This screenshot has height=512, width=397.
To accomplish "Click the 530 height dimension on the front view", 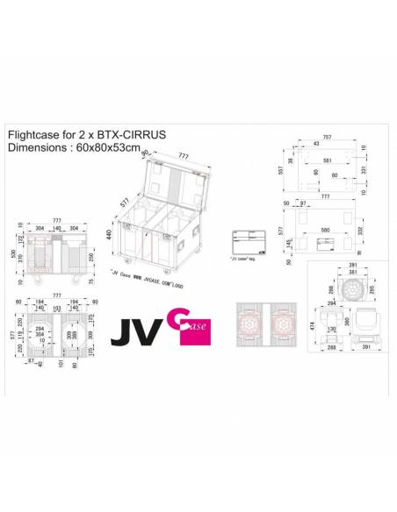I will (12, 253).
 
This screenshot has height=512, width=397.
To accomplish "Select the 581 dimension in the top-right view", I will (327, 160).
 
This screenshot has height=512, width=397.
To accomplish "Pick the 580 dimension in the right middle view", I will (326, 231).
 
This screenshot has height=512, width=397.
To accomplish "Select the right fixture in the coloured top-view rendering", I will (285, 324).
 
